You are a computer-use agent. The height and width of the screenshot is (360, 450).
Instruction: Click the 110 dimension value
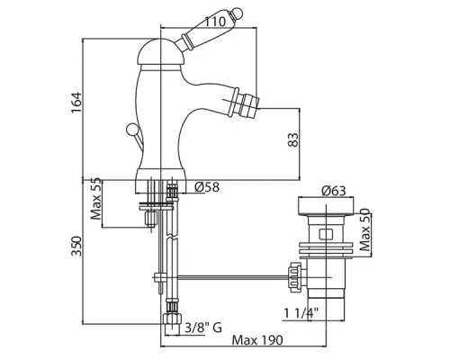(215, 22)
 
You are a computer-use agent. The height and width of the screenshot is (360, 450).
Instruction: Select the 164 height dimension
(76, 103)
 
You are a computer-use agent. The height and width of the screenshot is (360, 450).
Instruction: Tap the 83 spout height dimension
(293, 139)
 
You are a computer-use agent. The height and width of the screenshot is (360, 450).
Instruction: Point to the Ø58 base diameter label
(207, 187)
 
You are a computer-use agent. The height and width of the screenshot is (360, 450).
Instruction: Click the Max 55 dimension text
(96, 199)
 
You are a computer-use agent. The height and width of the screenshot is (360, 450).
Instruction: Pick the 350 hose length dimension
(76, 247)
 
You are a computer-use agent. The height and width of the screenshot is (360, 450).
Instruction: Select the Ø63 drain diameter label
(334, 191)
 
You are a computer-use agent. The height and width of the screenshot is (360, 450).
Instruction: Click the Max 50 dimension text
(364, 229)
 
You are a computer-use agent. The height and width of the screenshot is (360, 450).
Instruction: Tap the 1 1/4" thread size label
(301, 314)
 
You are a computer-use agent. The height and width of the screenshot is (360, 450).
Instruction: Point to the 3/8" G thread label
(203, 328)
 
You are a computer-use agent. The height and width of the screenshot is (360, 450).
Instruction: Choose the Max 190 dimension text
(257, 340)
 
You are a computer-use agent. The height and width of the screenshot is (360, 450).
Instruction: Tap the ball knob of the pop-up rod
(131, 129)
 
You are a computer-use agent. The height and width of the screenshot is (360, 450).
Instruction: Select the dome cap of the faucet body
(157, 52)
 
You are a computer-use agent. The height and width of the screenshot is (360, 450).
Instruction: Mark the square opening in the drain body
(326, 234)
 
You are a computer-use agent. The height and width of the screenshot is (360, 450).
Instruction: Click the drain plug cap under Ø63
(326, 206)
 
